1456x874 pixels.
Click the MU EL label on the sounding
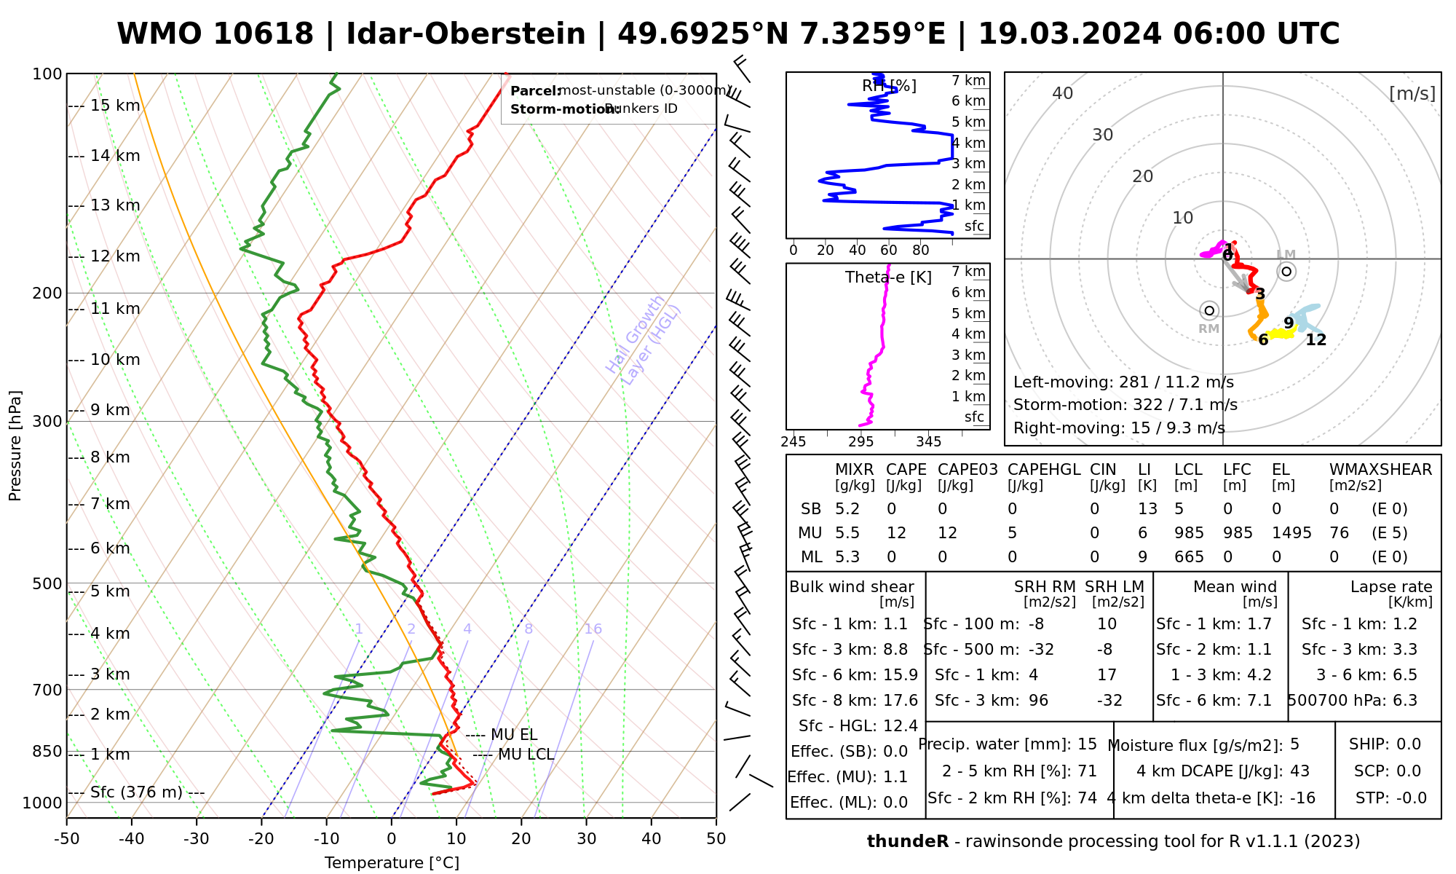click(x=514, y=734)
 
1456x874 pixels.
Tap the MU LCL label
click(x=526, y=755)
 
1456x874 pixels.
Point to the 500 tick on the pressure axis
click(x=47, y=584)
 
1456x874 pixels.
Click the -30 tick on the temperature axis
click(x=197, y=839)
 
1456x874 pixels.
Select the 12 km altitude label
click(x=115, y=256)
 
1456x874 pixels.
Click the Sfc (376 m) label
click(x=136, y=792)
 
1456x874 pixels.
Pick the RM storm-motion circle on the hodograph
click(x=1209, y=311)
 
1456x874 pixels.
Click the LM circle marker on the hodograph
click(x=1286, y=272)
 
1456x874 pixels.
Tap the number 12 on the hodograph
click(x=1315, y=340)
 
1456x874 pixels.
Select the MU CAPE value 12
click(x=896, y=533)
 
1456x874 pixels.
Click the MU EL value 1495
click(x=1291, y=533)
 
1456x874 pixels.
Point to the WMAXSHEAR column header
click(x=1380, y=470)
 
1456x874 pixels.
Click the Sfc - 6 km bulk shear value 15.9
click(x=901, y=675)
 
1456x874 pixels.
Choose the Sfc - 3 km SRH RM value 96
click(x=1038, y=701)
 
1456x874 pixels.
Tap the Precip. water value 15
click(x=1087, y=744)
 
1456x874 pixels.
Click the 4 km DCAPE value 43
click(x=1299, y=771)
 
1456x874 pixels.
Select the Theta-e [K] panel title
click(x=888, y=277)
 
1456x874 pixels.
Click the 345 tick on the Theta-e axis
click(x=928, y=442)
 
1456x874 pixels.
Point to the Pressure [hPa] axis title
click(x=15, y=446)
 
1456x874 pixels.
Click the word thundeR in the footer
click(x=908, y=842)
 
